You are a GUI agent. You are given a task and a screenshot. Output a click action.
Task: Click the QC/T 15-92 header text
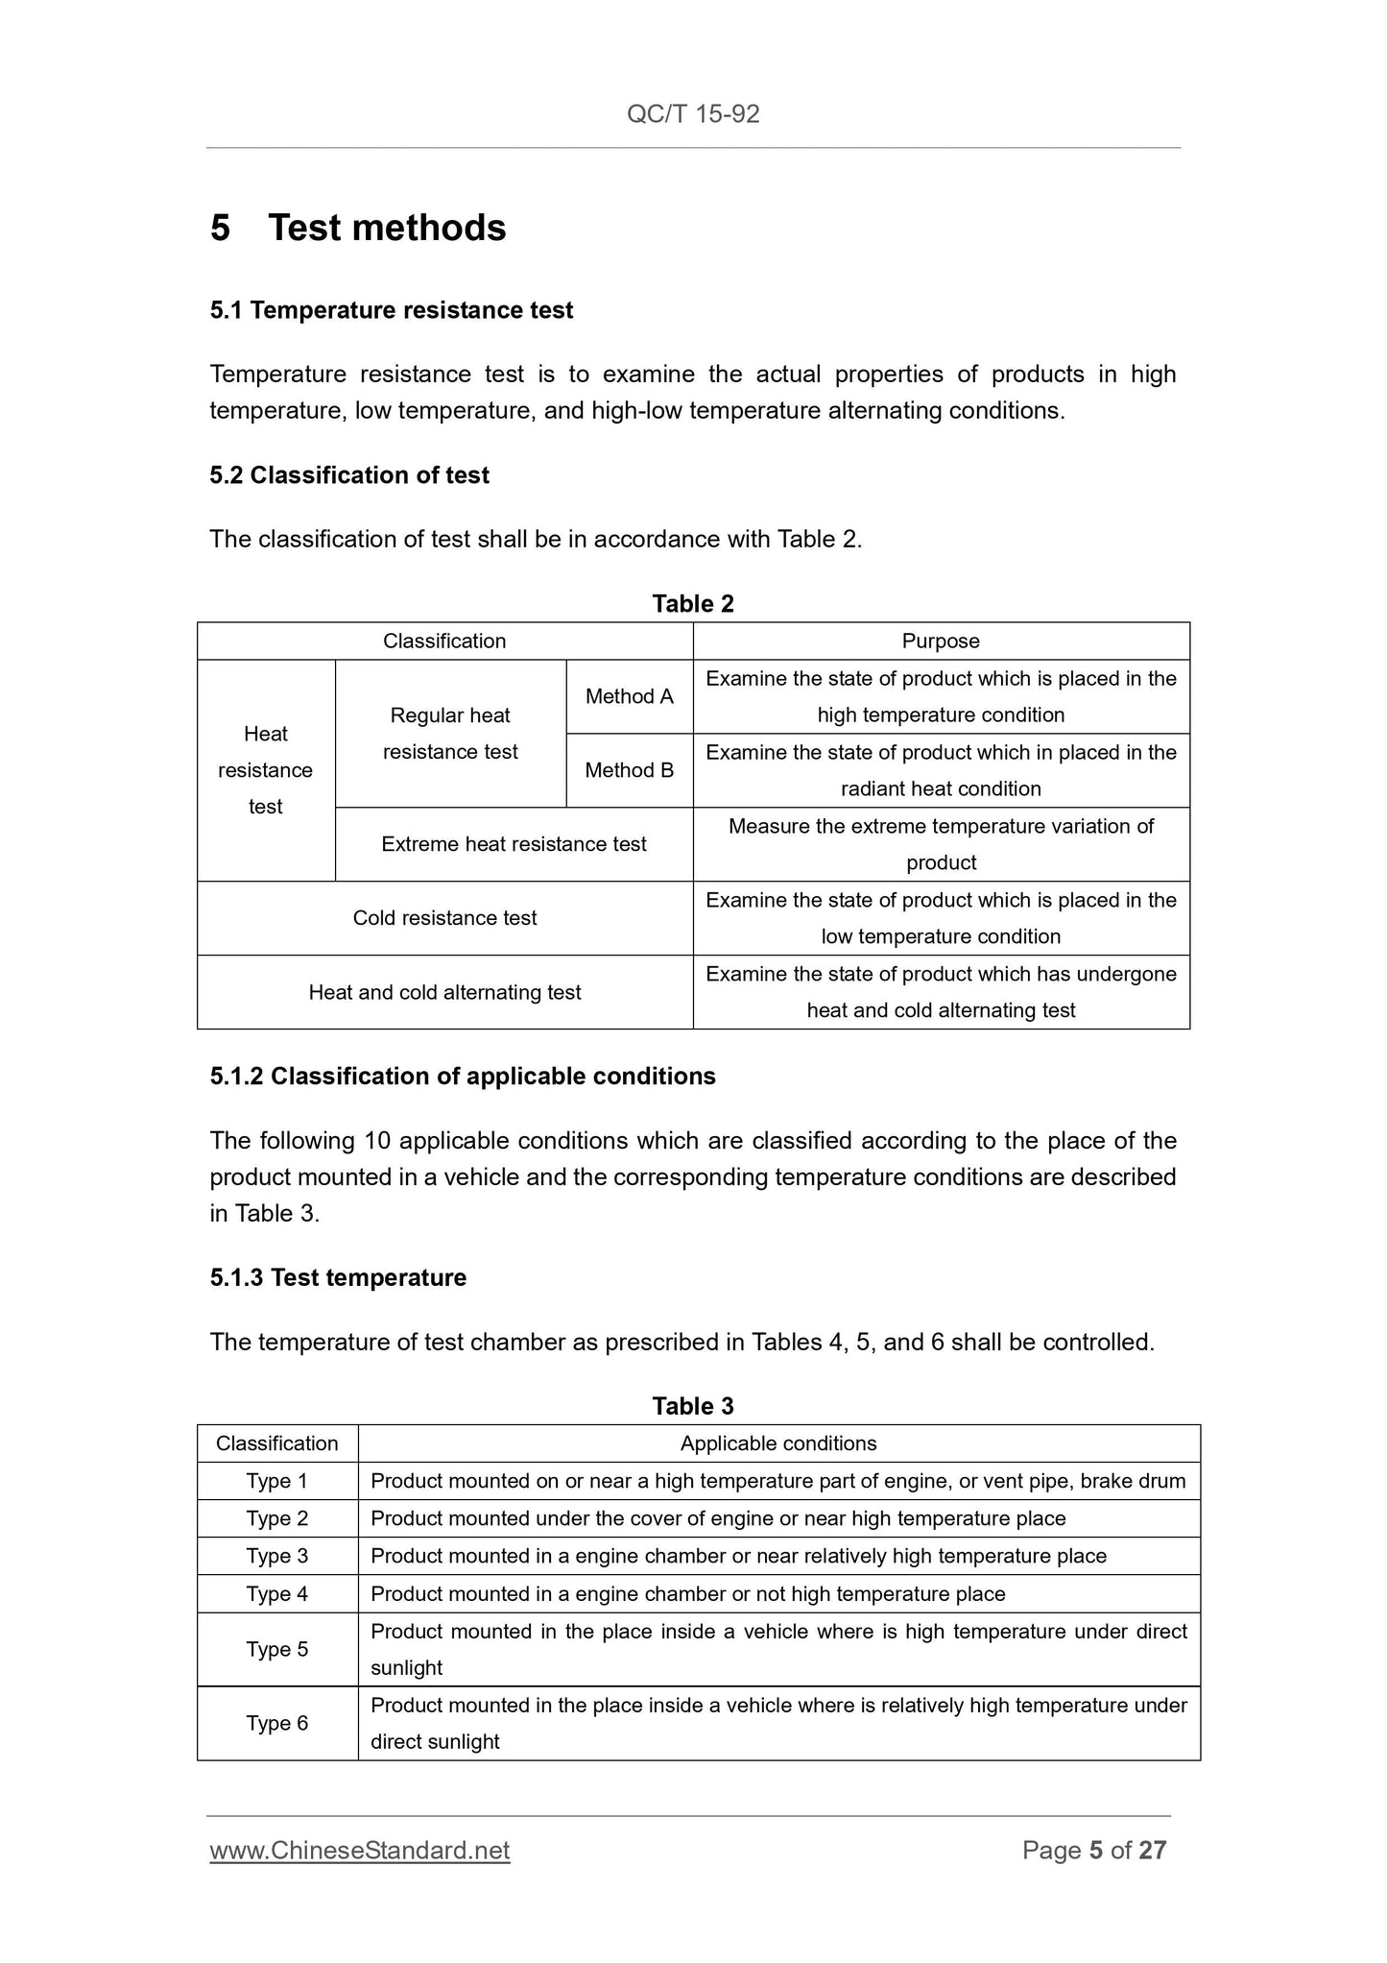click(693, 114)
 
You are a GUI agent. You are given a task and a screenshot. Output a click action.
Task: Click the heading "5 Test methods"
click(358, 228)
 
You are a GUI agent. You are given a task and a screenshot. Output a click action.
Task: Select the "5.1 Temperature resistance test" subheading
click(392, 310)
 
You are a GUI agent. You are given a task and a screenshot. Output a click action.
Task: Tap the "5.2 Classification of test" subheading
click(349, 475)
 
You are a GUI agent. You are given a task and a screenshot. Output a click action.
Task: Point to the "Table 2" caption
click(693, 603)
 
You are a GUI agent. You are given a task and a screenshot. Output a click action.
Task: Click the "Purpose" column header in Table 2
click(941, 641)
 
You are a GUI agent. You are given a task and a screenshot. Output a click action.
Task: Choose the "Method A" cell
click(630, 696)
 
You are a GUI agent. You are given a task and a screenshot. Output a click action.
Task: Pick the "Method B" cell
click(630, 770)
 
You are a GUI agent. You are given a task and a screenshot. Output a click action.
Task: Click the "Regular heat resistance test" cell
click(450, 734)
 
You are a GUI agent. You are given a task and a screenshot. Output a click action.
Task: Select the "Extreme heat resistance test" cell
click(514, 844)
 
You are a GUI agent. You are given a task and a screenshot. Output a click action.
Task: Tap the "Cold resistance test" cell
click(444, 918)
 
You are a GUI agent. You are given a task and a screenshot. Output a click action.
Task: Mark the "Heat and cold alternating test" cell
click(444, 992)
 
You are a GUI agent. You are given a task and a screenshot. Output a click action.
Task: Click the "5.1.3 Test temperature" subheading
click(338, 1277)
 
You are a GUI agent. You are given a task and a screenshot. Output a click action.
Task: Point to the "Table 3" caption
click(693, 1406)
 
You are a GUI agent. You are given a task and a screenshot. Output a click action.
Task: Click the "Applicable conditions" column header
click(778, 1443)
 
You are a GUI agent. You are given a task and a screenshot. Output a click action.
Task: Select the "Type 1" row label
click(277, 1481)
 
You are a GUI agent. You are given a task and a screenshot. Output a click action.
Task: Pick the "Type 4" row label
click(277, 1594)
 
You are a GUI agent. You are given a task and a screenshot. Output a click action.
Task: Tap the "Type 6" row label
click(277, 1723)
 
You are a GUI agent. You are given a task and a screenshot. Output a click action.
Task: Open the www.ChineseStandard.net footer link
click(360, 1851)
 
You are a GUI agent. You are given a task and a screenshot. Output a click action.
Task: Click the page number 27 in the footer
click(1152, 1851)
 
